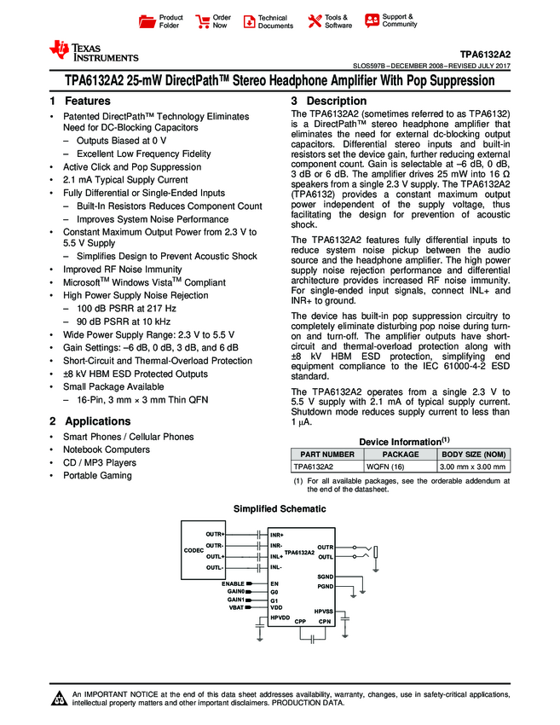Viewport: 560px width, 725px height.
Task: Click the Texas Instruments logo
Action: pos(93,51)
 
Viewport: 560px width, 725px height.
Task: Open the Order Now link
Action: pos(212,21)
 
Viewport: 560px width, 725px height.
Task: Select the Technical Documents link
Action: pos(268,21)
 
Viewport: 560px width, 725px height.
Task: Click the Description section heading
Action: pos(328,101)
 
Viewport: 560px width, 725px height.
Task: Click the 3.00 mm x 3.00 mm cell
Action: pos(472,467)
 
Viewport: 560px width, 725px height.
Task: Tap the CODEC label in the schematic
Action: pos(193,551)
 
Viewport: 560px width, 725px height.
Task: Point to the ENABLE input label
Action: pos(233,583)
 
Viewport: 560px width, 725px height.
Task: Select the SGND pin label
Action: pos(326,577)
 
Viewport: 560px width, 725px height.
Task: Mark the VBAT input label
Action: pos(236,607)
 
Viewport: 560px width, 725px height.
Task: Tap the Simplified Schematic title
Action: pos(280,509)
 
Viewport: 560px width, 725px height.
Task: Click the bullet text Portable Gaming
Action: pos(98,475)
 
